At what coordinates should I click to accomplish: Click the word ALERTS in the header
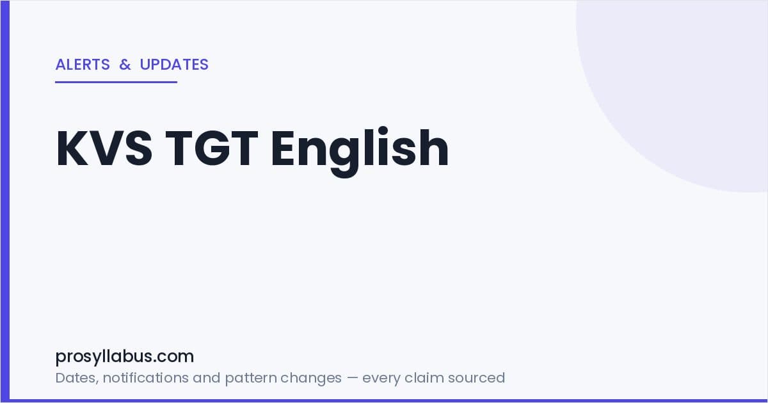pyautogui.click(x=83, y=65)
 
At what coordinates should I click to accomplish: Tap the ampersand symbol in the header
pyautogui.click(x=125, y=65)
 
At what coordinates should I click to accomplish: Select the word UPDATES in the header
pyautogui.click(x=174, y=65)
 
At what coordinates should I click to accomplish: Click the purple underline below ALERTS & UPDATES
pyautogui.click(x=116, y=82)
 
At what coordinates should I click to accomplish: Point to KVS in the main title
pyautogui.click(x=104, y=148)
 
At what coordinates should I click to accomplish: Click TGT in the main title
pyautogui.click(x=212, y=148)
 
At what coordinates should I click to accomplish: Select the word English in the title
pyautogui.click(x=360, y=152)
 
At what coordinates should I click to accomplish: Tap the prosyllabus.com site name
pyautogui.click(x=124, y=357)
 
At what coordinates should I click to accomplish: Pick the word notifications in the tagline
pyautogui.click(x=145, y=377)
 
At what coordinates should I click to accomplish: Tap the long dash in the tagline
pyautogui.click(x=352, y=378)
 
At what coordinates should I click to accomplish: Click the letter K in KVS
pyautogui.click(x=72, y=148)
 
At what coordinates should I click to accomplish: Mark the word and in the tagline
pyautogui.click(x=206, y=377)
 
